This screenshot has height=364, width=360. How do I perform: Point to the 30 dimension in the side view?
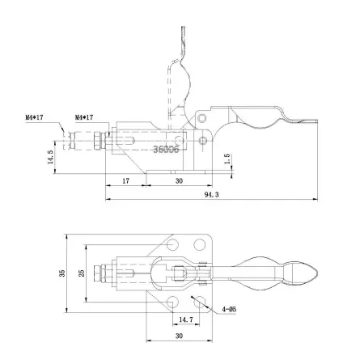pos(179,181)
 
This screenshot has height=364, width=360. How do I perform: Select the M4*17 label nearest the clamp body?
pos(85,117)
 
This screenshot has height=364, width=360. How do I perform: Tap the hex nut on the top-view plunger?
pos(100,273)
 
